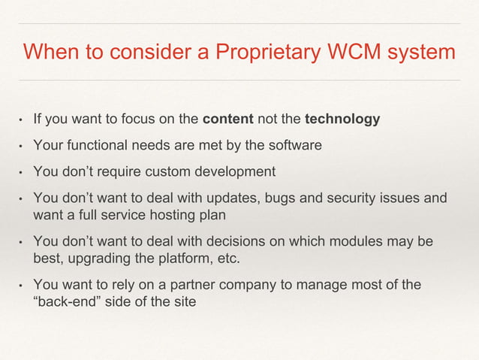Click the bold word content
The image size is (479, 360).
click(x=227, y=119)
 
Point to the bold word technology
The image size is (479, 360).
click(x=342, y=119)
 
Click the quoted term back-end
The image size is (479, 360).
click(x=77, y=304)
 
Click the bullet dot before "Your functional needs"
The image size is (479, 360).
click(x=21, y=146)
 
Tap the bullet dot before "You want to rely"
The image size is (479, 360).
click(x=21, y=286)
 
